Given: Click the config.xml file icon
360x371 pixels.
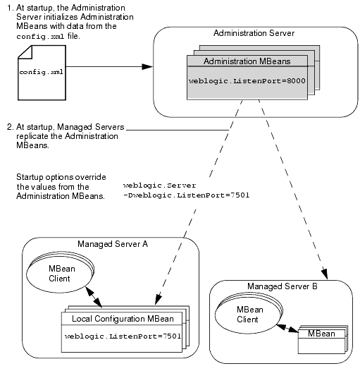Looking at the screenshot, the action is point(42,73).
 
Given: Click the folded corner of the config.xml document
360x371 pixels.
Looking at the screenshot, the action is point(25,52).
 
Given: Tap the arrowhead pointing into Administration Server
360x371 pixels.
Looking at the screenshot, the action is point(147,67).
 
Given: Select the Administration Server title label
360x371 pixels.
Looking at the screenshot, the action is point(254,33).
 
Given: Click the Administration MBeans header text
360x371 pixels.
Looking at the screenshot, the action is point(247,61).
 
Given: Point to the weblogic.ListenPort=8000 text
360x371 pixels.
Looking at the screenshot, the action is point(247,81).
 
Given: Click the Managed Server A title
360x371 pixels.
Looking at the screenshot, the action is point(113,244).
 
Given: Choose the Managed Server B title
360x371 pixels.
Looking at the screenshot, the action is point(283,286).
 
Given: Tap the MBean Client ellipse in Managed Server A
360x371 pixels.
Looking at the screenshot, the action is point(59,272).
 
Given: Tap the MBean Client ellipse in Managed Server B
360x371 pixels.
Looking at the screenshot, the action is point(248,313).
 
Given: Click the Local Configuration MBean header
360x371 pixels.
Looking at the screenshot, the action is point(123,319).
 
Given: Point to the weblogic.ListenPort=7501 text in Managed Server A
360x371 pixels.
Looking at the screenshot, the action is point(123,336).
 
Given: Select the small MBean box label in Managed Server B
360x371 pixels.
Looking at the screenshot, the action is point(321,334).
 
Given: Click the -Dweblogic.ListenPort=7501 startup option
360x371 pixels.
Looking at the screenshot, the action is point(186,195).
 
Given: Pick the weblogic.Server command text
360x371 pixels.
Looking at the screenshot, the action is point(159,185).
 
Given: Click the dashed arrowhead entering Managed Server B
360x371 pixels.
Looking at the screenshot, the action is point(325,274).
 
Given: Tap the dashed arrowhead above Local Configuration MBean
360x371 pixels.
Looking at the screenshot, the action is point(158,300).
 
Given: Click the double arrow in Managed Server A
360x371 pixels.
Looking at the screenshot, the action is point(94,297).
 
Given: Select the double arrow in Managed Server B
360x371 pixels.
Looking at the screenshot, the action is point(287,329).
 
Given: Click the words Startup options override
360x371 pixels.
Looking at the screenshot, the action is point(61,177).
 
